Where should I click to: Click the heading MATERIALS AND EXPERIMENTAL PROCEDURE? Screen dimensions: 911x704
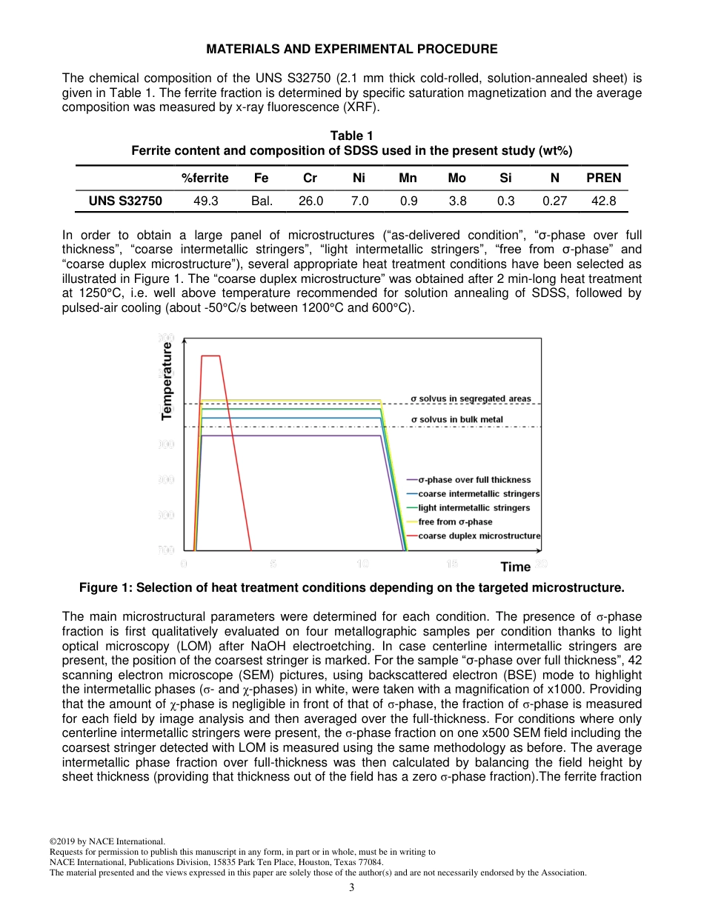coord(351,49)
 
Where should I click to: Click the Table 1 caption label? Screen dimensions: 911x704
coord(351,136)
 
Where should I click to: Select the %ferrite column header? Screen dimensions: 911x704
coord(205,178)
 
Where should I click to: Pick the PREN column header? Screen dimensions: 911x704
coord(603,178)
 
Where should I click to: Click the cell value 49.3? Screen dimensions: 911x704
coord(205,200)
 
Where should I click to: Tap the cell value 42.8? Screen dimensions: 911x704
coord(603,200)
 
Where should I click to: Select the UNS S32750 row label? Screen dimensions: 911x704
coord(120,200)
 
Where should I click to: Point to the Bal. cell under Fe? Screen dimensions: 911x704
coord(262,200)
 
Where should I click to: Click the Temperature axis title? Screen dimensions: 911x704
coord(167,381)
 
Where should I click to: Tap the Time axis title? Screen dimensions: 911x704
coord(516,567)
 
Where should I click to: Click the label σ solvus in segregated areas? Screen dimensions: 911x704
coord(471,398)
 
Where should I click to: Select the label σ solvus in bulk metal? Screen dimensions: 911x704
coord(456,419)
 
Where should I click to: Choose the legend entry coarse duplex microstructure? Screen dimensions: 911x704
coord(479,535)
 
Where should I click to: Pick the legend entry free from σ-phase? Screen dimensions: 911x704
coord(455,521)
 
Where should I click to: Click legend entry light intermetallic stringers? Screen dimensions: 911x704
coord(474,507)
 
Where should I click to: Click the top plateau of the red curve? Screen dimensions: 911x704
coord(210,356)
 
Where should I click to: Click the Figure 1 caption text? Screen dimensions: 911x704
coord(351,588)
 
